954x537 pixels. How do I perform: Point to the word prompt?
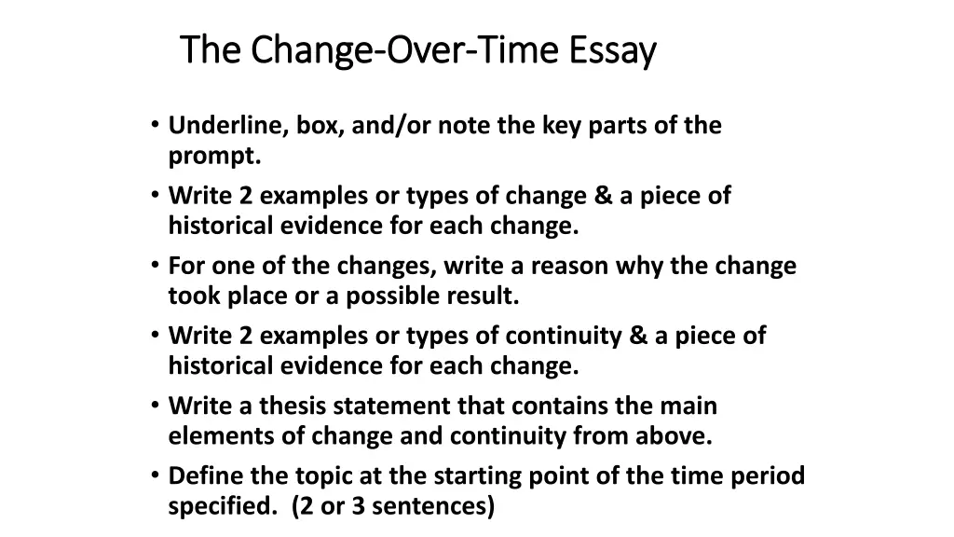214,156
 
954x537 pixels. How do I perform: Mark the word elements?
211,436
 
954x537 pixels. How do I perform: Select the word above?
676,436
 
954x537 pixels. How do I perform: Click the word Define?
203,476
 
